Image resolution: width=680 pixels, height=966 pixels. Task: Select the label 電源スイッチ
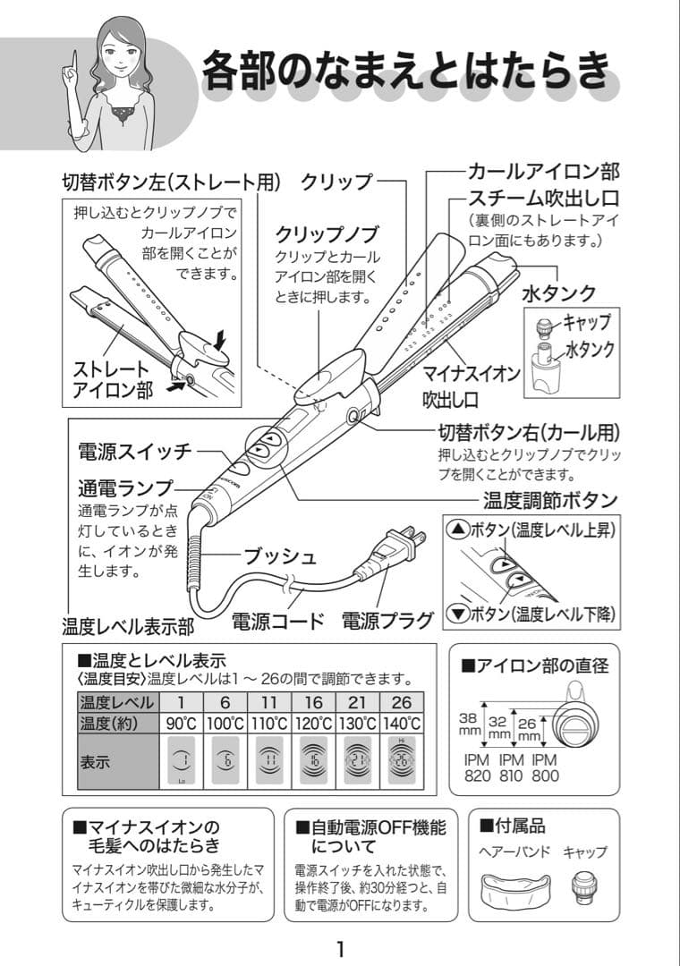coord(135,451)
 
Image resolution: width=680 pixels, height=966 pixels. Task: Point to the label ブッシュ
coord(281,556)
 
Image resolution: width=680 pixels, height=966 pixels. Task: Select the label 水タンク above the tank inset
coord(559,293)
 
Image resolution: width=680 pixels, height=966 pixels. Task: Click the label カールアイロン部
coord(543,171)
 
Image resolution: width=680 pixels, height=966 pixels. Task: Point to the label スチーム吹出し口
coord(543,197)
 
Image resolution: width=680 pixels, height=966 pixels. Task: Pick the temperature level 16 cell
coord(313,701)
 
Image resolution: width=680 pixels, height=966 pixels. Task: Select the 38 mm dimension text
coord(468,723)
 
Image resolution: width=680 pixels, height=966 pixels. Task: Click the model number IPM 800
coord(545,767)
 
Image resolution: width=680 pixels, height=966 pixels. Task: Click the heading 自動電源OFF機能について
coord(370,835)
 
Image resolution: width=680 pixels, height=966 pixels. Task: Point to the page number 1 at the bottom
coord(340,947)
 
